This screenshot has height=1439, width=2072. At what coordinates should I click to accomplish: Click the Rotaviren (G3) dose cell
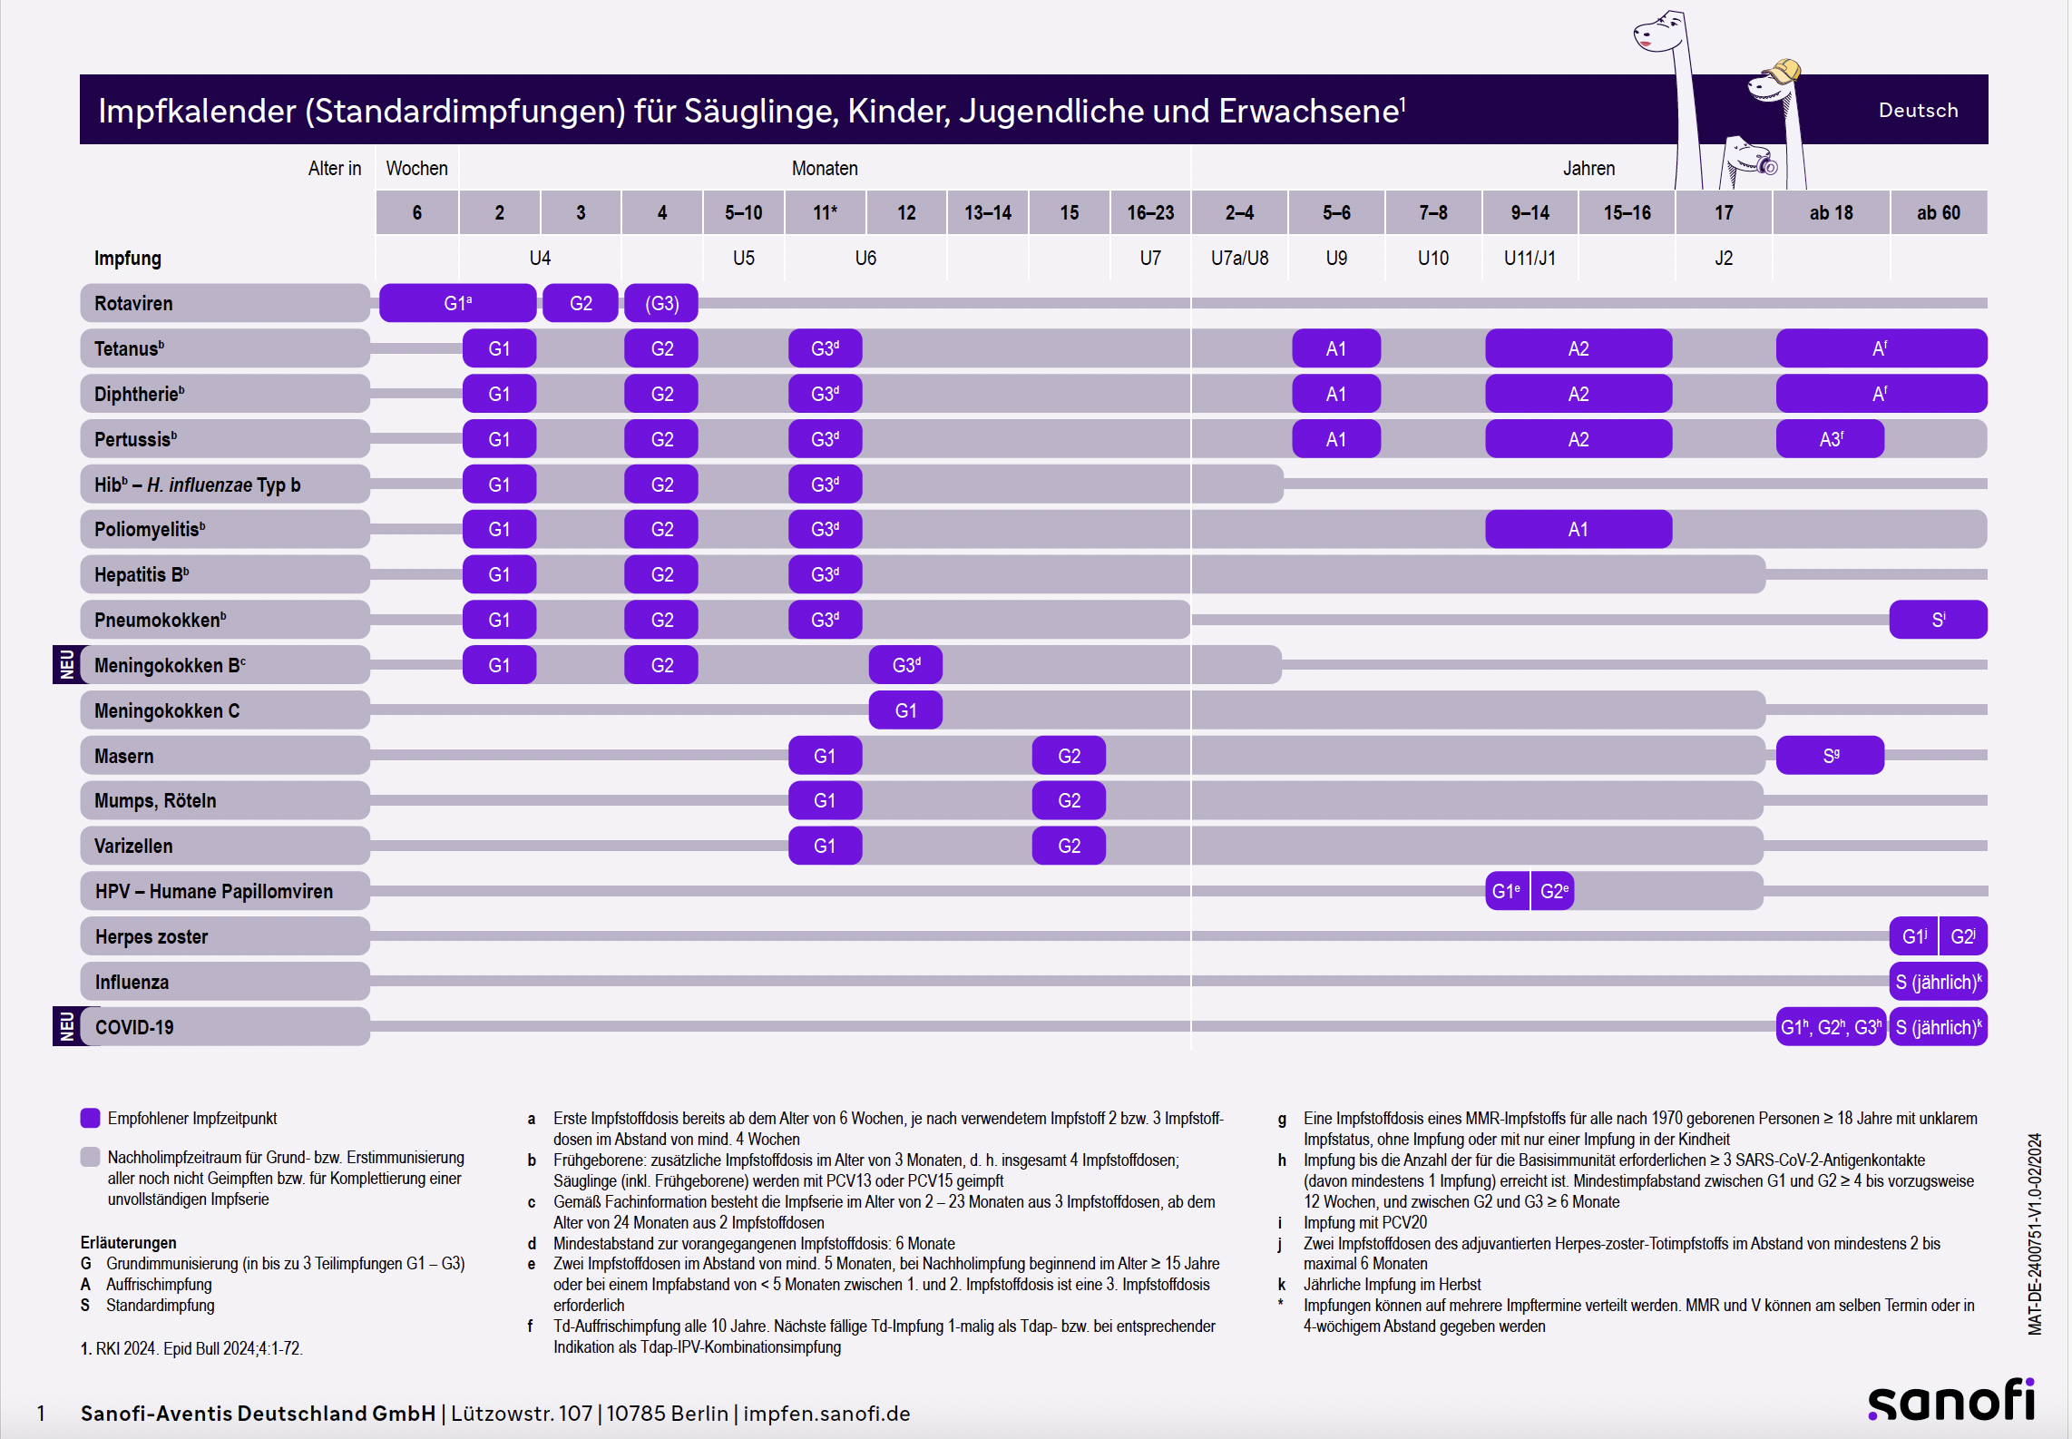pyautogui.click(x=661, y=303)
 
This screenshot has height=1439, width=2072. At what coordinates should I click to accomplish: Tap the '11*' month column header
pyautogui.click(x=825, y=212)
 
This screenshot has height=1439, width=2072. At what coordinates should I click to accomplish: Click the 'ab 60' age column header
pyautogui.click(x=1938, y=212)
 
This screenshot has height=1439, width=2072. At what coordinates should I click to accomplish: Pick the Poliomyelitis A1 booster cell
pyautogui.click(x=1578, y=529)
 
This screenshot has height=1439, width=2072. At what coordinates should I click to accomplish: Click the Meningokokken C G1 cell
pyautogui.click(x=905, y=710)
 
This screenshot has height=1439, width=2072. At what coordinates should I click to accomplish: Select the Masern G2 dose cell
pyautogui.click(x=1069, y=756)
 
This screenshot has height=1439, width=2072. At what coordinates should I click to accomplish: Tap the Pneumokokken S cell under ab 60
pyautogui.click(x=1938, y=620)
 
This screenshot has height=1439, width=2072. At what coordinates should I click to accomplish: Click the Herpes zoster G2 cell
pyautogui.click(x=1962, y=936)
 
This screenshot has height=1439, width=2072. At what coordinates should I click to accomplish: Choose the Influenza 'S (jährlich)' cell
pyautogui.click(x=1938, y=982)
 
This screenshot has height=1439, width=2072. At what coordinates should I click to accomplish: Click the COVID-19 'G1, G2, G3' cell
pyautogui.click(x=1831, y=1027)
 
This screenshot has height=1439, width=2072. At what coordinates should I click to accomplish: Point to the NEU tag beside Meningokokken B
pyautogui.click(x=67, y=664)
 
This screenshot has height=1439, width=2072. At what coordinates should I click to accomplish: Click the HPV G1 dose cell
pyautogui.click(x=1506, y=891)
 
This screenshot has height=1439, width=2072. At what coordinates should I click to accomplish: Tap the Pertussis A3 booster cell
pyautogui.click(x=1830, y=439)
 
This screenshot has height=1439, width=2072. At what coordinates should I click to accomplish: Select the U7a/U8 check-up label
pyautogui.click(x=1239, y=258)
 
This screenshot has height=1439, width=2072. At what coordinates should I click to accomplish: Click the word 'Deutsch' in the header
pyautogui.click(x=1918, y=110)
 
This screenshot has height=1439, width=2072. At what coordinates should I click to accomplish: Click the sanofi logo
pyautogui.click(x=1950, y=1401)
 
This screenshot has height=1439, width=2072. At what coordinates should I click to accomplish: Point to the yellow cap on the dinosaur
pyautogui.click(x=1784, y=70)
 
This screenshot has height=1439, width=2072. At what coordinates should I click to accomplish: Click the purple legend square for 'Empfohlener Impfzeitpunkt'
pyautogui.click(x=90, y=1118)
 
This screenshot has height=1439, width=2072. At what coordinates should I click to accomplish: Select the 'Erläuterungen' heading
pyautogui.click(x=129, y=1242)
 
